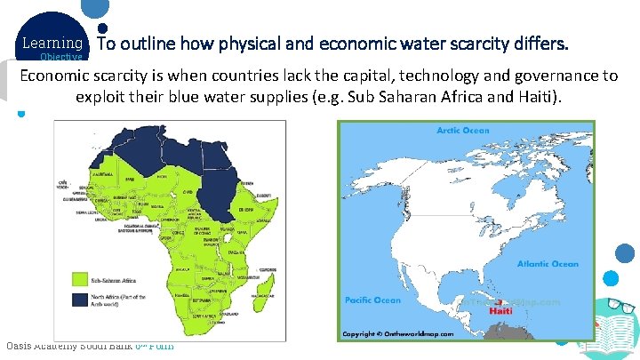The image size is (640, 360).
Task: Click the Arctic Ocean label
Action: (x=462, y=131)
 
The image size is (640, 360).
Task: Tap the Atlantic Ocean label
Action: (x=548, y=263)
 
